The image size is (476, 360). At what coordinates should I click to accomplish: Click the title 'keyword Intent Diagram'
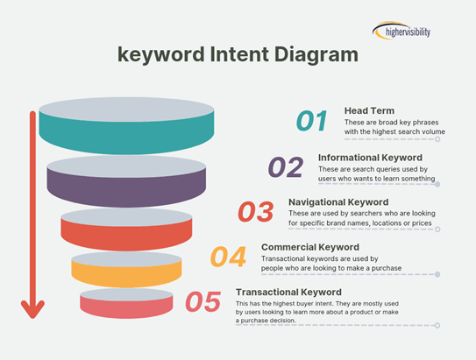click(238, 54)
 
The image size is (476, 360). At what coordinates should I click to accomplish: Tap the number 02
click(286, 166)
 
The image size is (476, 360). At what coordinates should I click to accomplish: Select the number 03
click(256, 212)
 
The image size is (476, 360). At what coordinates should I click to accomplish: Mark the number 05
click(202, 302)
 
